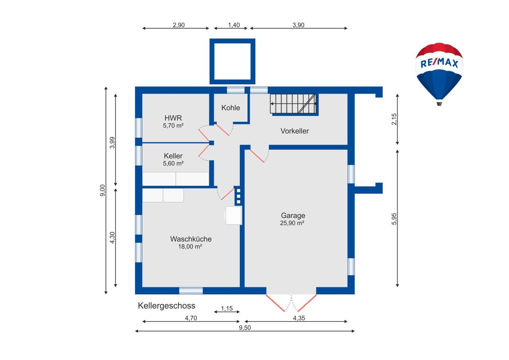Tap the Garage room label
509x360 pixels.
293,215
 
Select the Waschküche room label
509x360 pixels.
191,239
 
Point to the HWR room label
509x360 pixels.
173,118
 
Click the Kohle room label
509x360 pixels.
231,108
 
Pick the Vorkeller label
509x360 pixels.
295,131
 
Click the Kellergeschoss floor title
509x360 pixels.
167,306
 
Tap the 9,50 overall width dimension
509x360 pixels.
245,327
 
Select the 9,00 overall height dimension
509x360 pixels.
103,190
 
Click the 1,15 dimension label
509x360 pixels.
227,308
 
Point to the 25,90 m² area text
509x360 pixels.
292,223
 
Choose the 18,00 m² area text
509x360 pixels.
190,246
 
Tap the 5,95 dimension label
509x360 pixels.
394,219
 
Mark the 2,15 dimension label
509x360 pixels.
394,119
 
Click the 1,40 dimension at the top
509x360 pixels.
234,25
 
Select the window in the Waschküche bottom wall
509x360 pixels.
191,290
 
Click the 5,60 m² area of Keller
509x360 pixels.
173,163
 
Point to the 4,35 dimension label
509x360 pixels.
299,318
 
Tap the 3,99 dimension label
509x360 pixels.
112,143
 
